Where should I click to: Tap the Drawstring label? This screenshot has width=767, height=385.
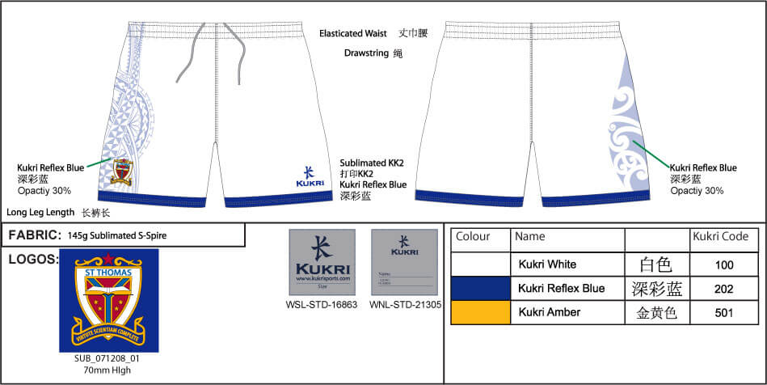pyautogui.click(x=365, y=53)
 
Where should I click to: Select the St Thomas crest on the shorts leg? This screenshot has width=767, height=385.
pyautogui.click(x=122, y=171)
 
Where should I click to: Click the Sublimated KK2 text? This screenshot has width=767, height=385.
pyautogui.click(x=372, y=163)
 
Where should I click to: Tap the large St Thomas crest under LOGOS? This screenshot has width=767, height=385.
pyautogui.click(x=108, y=300)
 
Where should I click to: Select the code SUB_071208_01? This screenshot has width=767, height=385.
pyautogui.click(x=107, y=357)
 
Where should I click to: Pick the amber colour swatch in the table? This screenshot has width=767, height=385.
pyautogui.click(x=480, y=311)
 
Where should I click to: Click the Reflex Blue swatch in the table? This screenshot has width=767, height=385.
pyautogui.click(x=480, y=288)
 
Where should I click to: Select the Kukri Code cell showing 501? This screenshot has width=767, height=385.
pyautogui.click(x=723, y=312)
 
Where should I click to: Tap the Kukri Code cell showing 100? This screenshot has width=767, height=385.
pyautogui.click(x=723, y=264)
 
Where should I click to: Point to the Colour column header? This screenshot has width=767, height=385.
pyautogui.click(x=474, y=237)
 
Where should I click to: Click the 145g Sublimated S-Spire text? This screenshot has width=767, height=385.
pyautogui.click(x=118, y=235)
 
